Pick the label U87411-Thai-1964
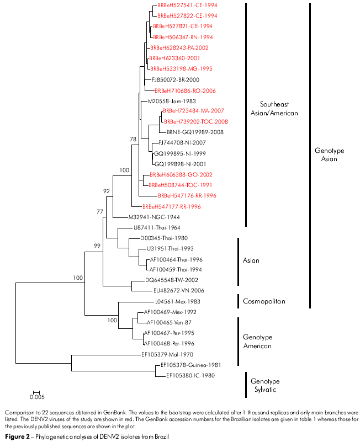click(157, 227)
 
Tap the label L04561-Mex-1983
click(177, 302)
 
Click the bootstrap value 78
click(133, 140)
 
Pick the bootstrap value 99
click(97, 245)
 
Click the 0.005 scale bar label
click(37, 396)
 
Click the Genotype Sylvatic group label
click(265, 386)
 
